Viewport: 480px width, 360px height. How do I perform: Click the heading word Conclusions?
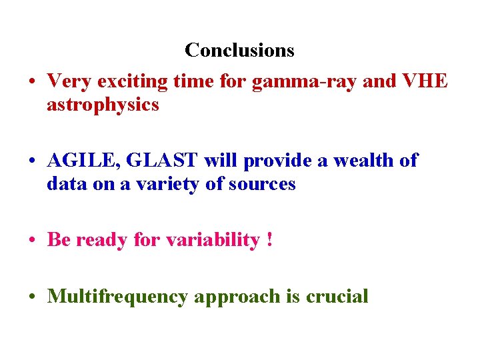pos(239,50)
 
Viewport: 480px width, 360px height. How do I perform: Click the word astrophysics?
pos(103,105)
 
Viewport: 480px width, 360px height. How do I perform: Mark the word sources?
pos(261,184)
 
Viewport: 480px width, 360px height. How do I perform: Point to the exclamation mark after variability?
pos(269,240)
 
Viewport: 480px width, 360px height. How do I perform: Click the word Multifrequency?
pos(117,296)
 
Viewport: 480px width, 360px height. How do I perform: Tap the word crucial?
pos(337,296)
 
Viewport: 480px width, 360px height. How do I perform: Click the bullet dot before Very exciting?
pos(32,83)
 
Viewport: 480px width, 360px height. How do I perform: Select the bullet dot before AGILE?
pos(32,162)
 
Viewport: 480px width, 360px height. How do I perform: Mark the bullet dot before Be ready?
pos(32,241)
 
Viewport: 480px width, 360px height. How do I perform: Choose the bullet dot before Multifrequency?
pos(32,297)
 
